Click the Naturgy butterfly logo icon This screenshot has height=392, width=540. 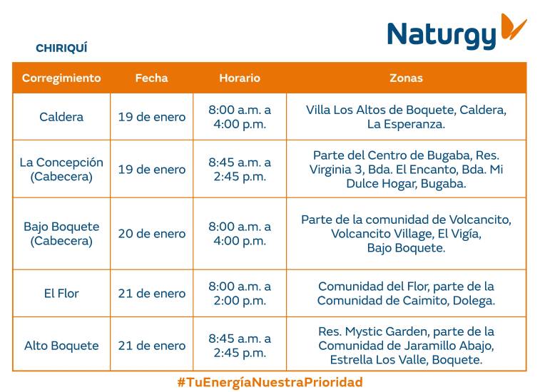click(512, 27)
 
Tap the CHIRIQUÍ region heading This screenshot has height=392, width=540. click(61, 48)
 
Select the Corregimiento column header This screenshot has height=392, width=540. click(61, 78)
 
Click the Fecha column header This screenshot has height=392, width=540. click(151, 78)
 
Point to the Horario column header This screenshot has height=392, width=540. click(240, 78)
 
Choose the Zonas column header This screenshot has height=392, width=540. click(406, 78)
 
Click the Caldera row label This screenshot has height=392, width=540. click(61, 117)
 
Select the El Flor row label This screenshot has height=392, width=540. click(61, 294)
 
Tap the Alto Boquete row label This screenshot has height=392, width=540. click(61, 346)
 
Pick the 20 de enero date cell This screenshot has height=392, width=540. click(151, 234)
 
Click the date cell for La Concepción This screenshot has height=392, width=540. click(151, 170)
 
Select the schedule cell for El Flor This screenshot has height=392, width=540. click(240, 294)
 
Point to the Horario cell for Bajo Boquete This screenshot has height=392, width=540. click(240, 234)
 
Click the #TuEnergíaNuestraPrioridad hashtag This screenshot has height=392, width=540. click(270, 382)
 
